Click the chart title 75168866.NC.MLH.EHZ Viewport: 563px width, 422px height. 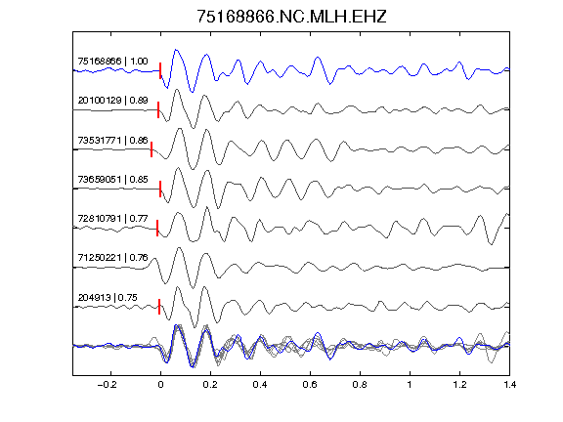tap(291, 17)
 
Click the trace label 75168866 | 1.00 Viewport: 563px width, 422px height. tap(112, 61)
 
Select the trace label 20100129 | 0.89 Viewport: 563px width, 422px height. tap(112, 100)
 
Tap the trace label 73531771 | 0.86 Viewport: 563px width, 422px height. tap(112, 140)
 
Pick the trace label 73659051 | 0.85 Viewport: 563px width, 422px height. tap(112, 179)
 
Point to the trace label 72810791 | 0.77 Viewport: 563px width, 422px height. tap(112, 218)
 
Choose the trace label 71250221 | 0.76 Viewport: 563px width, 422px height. tap(112, 257)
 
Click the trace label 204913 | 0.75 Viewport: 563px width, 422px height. tap(108, 298)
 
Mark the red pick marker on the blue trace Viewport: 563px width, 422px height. tap(160, 70)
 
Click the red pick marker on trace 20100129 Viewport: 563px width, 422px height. tap(158, 109)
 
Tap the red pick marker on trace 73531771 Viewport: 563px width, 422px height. tap(152, 149)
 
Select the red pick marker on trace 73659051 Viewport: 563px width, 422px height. tap(160, 189)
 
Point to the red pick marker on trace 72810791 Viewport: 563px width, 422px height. tap(157, 228)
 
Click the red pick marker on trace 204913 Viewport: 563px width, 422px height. tap(159, 307)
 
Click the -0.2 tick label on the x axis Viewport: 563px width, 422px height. tap(107, 385)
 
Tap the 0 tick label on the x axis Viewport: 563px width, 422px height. tap(160, 385)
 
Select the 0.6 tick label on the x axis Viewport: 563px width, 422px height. tap(310, 385)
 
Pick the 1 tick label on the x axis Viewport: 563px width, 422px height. tap(410, 385)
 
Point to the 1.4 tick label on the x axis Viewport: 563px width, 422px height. tap(509, 385)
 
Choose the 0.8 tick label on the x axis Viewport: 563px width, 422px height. tap(360, 385)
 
